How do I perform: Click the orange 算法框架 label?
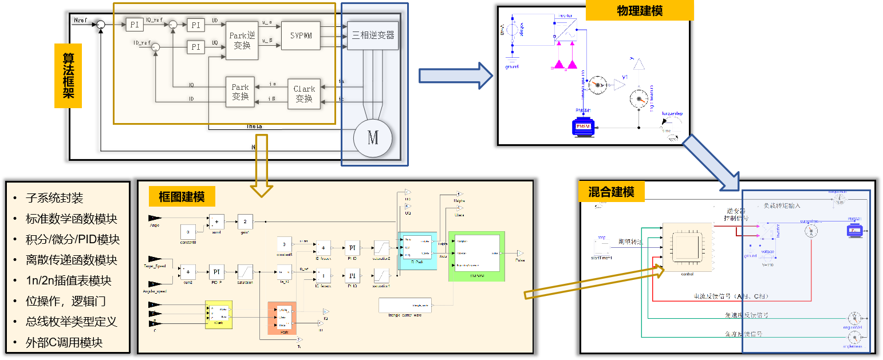tap(68, 76)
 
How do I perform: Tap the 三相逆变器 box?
tap(373, 35)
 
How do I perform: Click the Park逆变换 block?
tap(242, 40)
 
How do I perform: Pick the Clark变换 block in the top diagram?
tap(304, 94)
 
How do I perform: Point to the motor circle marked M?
tap(373, 138)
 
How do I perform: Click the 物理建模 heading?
tap(640, 11)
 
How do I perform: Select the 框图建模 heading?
tap(182, 197)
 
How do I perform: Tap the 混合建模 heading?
tap(612, 192)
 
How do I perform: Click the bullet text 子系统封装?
tap(54, 198)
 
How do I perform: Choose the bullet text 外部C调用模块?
tap(64, 343)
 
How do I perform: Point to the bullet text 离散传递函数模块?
tap(71, 260)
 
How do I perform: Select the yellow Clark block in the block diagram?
tap(219, 314)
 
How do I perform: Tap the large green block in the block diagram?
tap(476, 256)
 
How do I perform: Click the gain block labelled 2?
tap(245, 221)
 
